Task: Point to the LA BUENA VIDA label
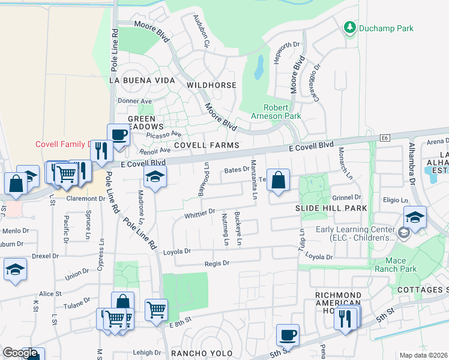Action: (142, 80)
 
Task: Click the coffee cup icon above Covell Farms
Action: (118, 134)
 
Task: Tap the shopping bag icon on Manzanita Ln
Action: (279, 179)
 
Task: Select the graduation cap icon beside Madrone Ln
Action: (155, 177)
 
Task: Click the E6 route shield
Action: (385, 138)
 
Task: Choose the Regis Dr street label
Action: (217, 263)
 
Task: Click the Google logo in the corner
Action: (20, 353)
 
